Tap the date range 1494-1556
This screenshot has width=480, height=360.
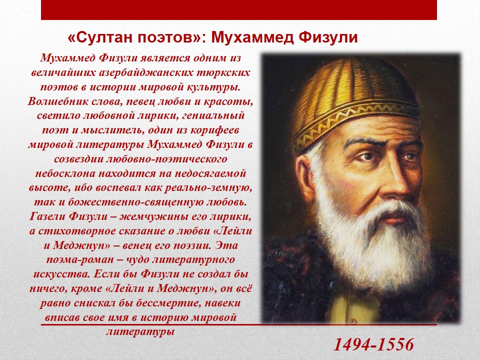373,344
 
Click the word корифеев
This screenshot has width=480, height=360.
214,130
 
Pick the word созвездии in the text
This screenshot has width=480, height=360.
78,159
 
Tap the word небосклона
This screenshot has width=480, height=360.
65,173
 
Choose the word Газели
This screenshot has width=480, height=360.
47,216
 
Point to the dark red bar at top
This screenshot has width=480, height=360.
239,10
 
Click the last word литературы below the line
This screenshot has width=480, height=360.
140,332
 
